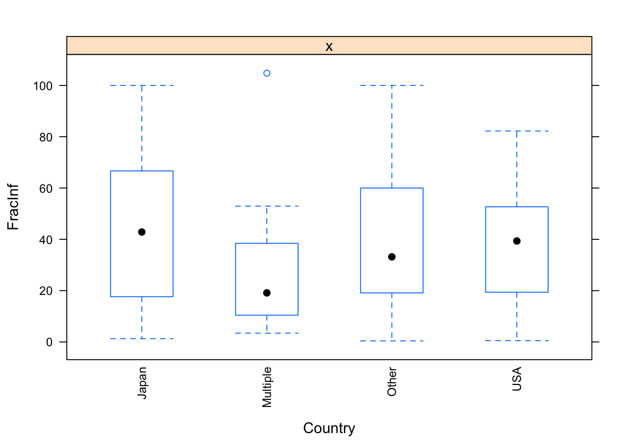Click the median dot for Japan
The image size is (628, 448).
(x=142, y=232)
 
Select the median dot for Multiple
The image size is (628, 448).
(x=267, y=293)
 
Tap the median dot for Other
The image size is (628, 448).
(x=392, y=257)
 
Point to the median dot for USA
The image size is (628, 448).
(x=517, y=241)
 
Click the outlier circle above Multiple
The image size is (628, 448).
(x=267, y=73)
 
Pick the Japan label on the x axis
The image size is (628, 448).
(x=142, y=383)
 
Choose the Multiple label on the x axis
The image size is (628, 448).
(x=267, y=387)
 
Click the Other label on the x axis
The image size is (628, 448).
(x=392, y=382)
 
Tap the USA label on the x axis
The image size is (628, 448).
(x=517, y=379)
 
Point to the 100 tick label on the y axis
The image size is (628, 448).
(x=43, y=86)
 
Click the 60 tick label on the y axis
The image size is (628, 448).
(x=46, y=189)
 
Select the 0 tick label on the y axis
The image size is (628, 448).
(x=50, y=343)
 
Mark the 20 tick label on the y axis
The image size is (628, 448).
(x=46, y=291)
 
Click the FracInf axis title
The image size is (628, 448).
(x=13, y=207)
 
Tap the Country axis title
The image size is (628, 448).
(x=329, y=428)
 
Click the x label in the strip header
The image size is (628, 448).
(x=329, y=46)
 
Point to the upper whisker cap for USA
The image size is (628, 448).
(x=517, y=131)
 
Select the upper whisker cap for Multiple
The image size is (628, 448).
(x=267, y=206)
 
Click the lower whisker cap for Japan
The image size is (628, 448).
(x=142, y=339)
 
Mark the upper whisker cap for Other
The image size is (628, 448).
(x=392, y=85)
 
